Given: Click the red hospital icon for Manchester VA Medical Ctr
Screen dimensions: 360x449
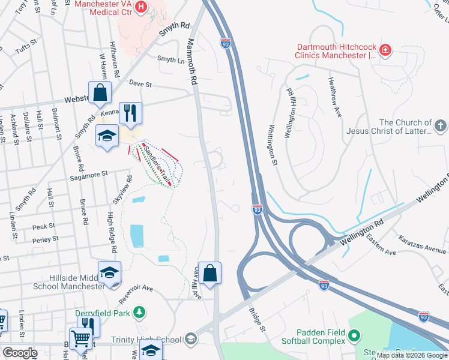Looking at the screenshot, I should [141, 7].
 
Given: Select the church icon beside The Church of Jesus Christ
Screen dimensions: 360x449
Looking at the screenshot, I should [441, 125].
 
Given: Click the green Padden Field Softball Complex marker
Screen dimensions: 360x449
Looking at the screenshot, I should [354, 335].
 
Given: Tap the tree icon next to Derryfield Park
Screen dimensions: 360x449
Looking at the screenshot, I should [139, 312].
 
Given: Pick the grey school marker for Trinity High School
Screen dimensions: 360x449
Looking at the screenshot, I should [191, 340].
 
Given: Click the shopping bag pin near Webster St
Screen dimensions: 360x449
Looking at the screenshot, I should [100, 93].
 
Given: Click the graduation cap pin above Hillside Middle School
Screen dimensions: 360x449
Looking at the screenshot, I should [110, 272].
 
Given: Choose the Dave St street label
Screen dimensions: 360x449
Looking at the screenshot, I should [140, 85].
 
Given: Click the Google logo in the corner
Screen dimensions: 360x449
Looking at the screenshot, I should [20, 353].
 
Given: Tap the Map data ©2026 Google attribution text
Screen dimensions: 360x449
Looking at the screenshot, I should [412, 355].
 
